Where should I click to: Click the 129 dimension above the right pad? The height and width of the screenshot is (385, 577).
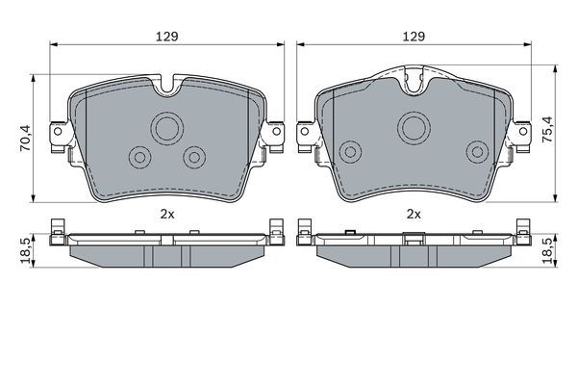pos(414,36)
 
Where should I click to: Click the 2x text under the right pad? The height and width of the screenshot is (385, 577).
pos(414,214)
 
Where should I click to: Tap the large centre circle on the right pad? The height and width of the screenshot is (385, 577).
pos(415,123)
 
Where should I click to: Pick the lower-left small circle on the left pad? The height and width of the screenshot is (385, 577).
pos(140,156)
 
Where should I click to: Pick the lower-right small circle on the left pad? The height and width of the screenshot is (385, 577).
pos(195,156)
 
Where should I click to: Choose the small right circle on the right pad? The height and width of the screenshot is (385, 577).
pos(476,150)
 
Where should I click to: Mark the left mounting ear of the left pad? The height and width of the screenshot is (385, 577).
pos(59,133)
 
